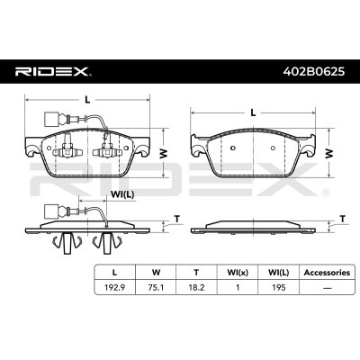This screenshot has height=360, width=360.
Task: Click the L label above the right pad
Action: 253,112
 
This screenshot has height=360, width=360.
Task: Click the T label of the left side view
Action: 177,219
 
